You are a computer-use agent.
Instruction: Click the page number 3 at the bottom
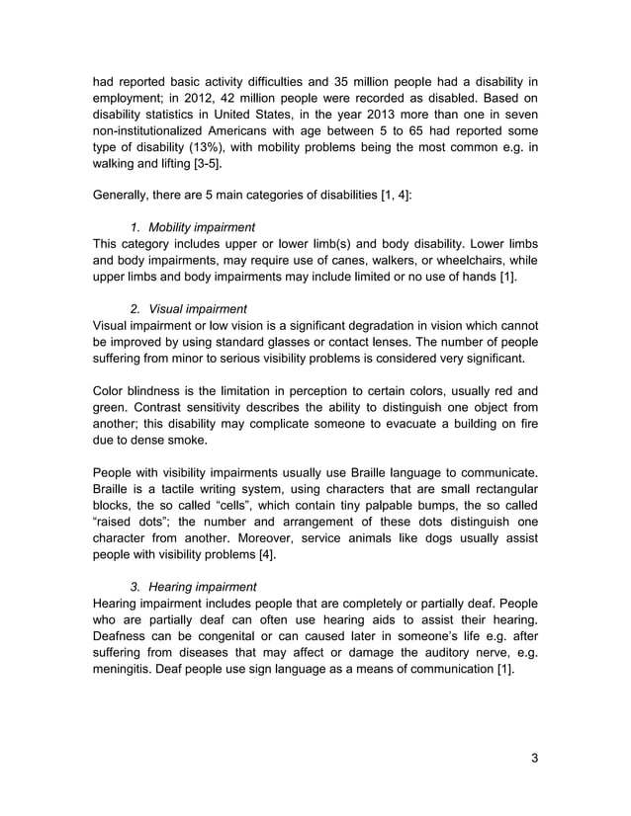pyautogui.click(x=534, y=759)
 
